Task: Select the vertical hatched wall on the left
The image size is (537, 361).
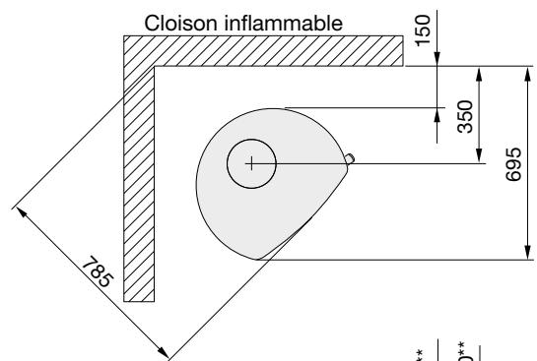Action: point(138,197)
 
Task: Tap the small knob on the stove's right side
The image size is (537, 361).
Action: point(351,157)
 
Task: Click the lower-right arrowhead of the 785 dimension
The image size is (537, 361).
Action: point(164,351)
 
